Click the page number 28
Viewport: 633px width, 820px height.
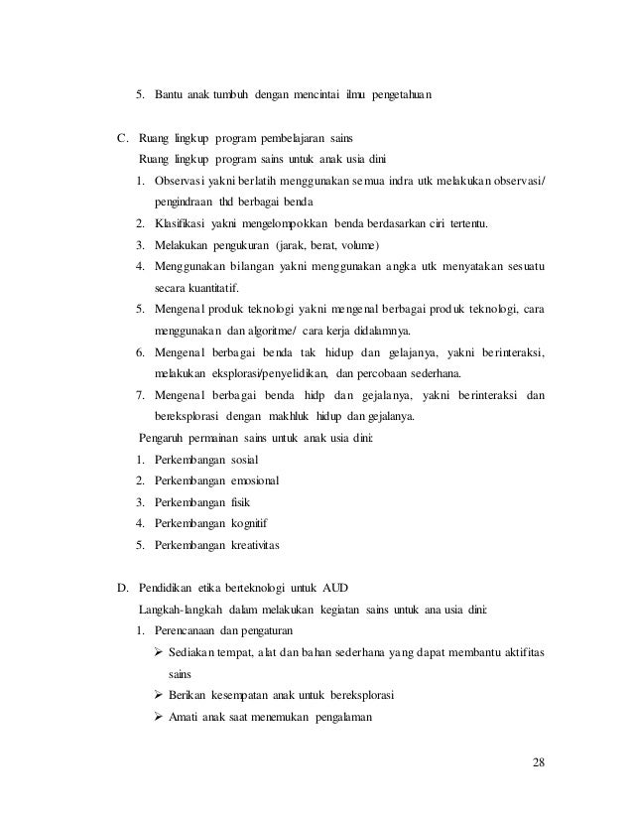[x=539, y=762]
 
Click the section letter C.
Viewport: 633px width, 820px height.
[x=123, y=136]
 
